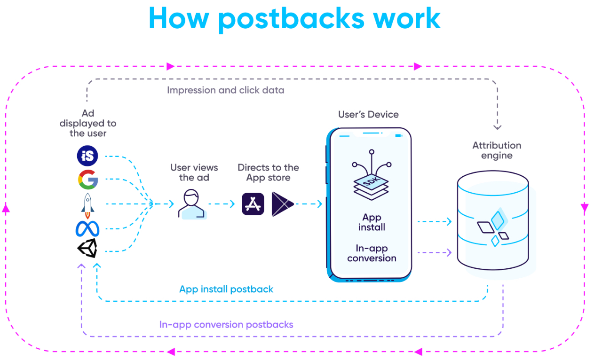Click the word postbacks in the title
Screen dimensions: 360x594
point(291,18)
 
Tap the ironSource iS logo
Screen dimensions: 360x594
point(87,156)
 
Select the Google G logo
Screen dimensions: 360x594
point(88,180)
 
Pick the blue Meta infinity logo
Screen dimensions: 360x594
point(87,229)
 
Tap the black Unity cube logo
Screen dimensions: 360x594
point(87,248)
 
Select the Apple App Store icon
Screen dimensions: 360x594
point(253,204)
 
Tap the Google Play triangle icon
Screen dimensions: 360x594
point(282,204)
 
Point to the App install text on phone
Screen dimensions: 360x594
point(372,222)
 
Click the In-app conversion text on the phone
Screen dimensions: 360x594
point(372,253)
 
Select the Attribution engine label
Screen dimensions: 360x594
point(497,150)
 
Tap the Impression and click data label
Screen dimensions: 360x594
point(226,90)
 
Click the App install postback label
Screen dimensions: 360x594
point(226,289)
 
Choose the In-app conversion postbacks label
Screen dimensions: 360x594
point(226,325)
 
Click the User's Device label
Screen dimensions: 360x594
point(368,115)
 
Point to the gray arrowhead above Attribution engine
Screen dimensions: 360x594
point(497,126)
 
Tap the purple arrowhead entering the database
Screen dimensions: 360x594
point(448,253)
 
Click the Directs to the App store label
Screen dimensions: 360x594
point(268,172)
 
